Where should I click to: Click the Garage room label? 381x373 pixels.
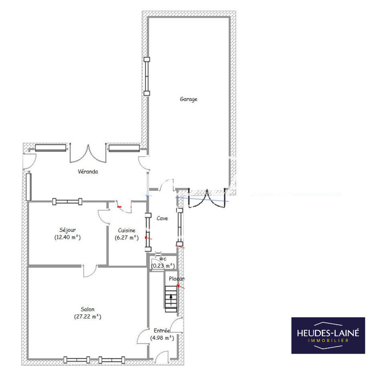click(189, 99)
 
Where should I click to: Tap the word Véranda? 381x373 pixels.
click(88, 171)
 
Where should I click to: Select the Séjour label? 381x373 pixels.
click(67, 230)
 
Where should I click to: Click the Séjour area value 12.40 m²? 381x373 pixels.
click(67, 237)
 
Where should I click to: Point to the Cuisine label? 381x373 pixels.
click(127, 231)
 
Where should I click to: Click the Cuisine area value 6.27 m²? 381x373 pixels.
click(127, 238)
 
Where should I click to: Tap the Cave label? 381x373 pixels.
click(162, 218)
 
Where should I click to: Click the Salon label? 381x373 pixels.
click(87, 309)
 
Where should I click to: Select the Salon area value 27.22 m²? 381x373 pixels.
click(87, 316)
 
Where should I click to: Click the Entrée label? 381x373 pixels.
click(162, 331)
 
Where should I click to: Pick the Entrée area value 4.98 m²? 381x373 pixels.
click(162, 338)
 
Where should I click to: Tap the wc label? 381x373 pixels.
click(163, 259)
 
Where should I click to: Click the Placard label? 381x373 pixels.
click(176, 279)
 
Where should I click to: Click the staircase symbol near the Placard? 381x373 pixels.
click(171, 299)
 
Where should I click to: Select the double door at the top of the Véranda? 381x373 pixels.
click(88, 153)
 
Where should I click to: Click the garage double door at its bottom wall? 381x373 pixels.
click(207, 198)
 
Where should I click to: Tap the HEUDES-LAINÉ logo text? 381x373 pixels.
click(328, 333)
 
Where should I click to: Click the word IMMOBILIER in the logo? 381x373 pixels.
click(328, 341)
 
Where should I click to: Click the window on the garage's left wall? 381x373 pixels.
click(147, 76)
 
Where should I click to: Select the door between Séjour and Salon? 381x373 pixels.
click(90, 271)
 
